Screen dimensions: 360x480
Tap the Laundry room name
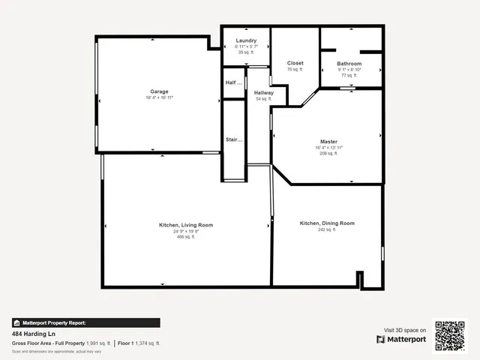pyautogui.click(x=246, y=40)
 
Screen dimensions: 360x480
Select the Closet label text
pyautogui.click(x=295, y=63)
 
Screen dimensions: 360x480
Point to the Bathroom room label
pyautogui.click(x=349, y=64)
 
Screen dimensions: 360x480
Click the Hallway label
pyautogui.click(x=263, y=93)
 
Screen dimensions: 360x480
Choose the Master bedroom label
pyautogui.click(x=328, y=141)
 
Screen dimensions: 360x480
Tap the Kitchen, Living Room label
pyautogui.click(x=186, y=225)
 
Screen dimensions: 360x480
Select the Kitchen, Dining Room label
pyautogui.click(x=327, y=223)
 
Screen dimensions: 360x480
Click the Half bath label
pyautogui.click(x=234, y=82)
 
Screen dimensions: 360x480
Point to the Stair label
pyautogui.click(x=233, y=139)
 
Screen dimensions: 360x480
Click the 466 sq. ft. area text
pyautogui.click(x=186, y=237)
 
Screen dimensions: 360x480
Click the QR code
pyautogui.click(x=450, y=336)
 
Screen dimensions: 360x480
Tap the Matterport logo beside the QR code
pyautogui.click(x=401, y=339)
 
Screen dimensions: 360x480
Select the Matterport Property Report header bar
pyautogui.click(x=85, y=322)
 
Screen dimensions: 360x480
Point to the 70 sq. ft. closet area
pyautogui.click(x=295, y=70)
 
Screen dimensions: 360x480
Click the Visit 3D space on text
pyautogui.click(x=405, y=330)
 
